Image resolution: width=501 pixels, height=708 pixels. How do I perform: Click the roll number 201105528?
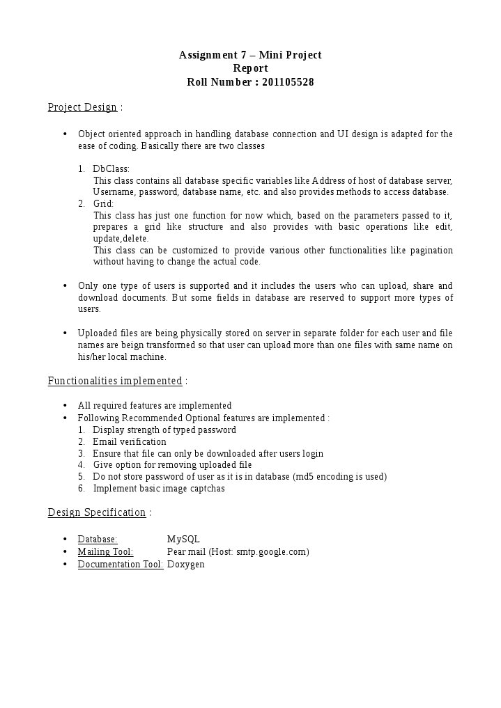[288, 82]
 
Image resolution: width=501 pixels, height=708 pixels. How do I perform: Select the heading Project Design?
[82, 107]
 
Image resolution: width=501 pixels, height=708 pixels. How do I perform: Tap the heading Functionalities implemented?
[115, 381]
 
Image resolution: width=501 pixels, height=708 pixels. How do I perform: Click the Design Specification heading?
[97, 512]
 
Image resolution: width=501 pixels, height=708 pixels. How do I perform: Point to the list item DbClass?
[111, 168]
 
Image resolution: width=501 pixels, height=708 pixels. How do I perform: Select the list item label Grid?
[103, 203]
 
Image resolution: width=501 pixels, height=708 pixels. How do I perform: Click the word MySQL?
[183, 540]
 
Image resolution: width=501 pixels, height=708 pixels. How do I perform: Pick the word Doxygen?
[186, 564]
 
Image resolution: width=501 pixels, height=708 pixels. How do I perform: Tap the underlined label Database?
[98, 540]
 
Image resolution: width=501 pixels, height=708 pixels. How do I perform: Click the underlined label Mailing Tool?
[105, 551]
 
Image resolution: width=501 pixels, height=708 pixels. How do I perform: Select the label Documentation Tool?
[121, 564]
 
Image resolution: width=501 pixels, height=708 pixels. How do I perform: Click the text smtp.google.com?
[271, 551]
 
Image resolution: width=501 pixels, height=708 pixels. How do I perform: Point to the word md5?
[305, 476]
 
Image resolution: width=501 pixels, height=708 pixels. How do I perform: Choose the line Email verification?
[130, 441]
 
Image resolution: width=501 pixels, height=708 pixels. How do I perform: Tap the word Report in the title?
[250, 68]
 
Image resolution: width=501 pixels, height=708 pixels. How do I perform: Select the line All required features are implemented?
[155, 405]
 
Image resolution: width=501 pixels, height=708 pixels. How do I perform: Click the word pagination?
[431, 250]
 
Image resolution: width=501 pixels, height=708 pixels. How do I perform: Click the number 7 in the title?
[241, 55]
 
